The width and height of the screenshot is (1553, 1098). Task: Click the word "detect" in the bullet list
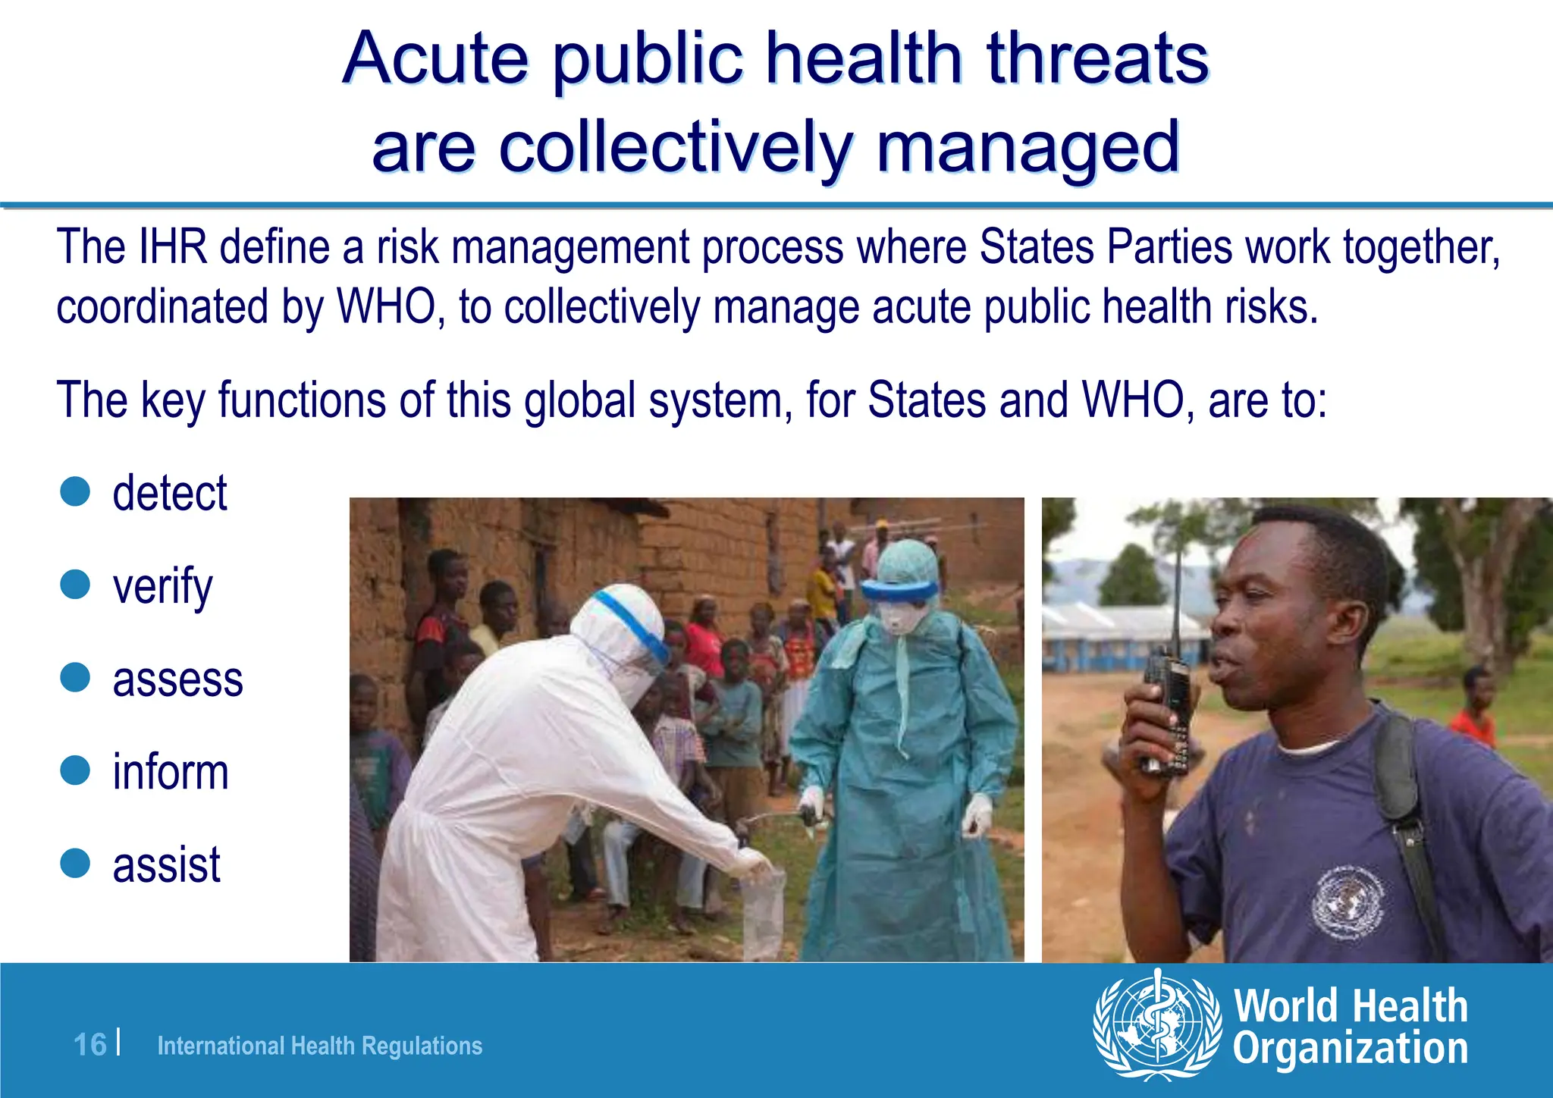[169, 494]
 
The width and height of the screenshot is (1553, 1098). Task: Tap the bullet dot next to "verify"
[75, 585]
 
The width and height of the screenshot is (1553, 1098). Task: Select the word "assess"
[177, 679]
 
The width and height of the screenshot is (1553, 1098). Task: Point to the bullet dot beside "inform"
[75, 770]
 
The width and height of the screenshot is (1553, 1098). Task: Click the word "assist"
[166, 864]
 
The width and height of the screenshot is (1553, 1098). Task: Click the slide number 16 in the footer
[89, 1045]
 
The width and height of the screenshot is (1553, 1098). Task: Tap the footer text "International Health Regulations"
[319, 1046]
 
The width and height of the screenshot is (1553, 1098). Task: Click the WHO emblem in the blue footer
[1157, 1025]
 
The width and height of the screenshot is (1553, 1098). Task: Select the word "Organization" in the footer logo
[1350, 1049]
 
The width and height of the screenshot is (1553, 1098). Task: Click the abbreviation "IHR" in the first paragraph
[173, 247]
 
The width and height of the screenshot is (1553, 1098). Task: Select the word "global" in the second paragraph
[580, 400]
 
